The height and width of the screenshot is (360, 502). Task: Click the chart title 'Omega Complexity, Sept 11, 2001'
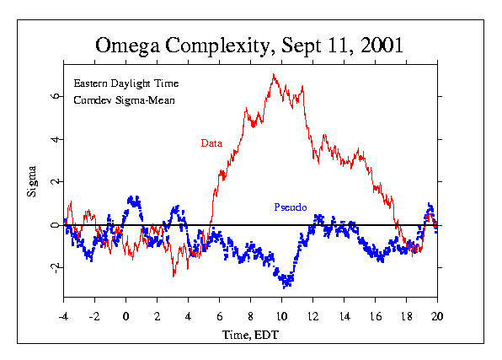249,46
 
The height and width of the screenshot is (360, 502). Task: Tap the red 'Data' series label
211,143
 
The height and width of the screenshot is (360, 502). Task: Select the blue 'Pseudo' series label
291,207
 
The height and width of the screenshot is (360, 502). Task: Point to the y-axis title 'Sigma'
32,181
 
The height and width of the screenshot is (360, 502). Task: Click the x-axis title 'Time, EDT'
250,335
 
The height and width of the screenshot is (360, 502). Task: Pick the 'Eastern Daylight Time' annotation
126,83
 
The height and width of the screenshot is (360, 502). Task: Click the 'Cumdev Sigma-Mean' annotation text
124,100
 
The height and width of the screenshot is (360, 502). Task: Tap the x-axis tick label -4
64,317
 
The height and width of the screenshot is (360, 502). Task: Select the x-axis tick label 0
125,317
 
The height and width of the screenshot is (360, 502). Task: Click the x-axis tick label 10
281,317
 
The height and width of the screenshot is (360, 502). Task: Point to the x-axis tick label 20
437,317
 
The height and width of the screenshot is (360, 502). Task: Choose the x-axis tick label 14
344,317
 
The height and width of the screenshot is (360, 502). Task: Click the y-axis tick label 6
55,96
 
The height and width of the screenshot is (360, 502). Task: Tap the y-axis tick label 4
55,139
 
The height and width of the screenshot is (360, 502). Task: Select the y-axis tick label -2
55,267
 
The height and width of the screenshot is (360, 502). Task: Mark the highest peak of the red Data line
274,74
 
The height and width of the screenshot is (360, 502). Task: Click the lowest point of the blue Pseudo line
285,287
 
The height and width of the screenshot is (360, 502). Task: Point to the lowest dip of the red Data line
174,276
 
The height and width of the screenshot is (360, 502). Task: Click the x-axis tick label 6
219,317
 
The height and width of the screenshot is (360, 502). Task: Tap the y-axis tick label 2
55,181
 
